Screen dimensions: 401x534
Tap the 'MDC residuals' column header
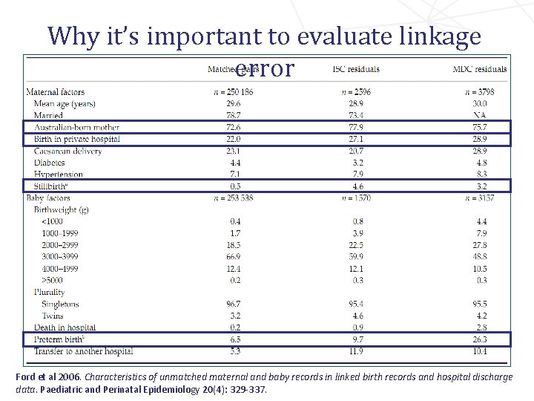(480, 69)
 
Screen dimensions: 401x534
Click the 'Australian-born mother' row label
(76, 127)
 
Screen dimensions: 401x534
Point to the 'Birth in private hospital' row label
(76, 139)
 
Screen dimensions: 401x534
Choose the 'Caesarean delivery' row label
(67, 151)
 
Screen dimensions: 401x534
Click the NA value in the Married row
(480, 115)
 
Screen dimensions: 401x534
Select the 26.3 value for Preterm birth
(480, 339)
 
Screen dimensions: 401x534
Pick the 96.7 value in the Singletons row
(235, 304)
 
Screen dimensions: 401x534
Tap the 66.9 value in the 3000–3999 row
(235, 256)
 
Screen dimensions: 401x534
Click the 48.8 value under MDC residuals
(480, 256)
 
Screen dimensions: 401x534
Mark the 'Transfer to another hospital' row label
(82, 351)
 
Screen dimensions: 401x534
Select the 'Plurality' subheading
(49, 292)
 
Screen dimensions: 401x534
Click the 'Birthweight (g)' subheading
(62, 209)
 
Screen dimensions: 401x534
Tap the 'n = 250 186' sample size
(235, 92)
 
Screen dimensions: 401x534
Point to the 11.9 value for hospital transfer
(356, 351)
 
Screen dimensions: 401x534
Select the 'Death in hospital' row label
(65, 327)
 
